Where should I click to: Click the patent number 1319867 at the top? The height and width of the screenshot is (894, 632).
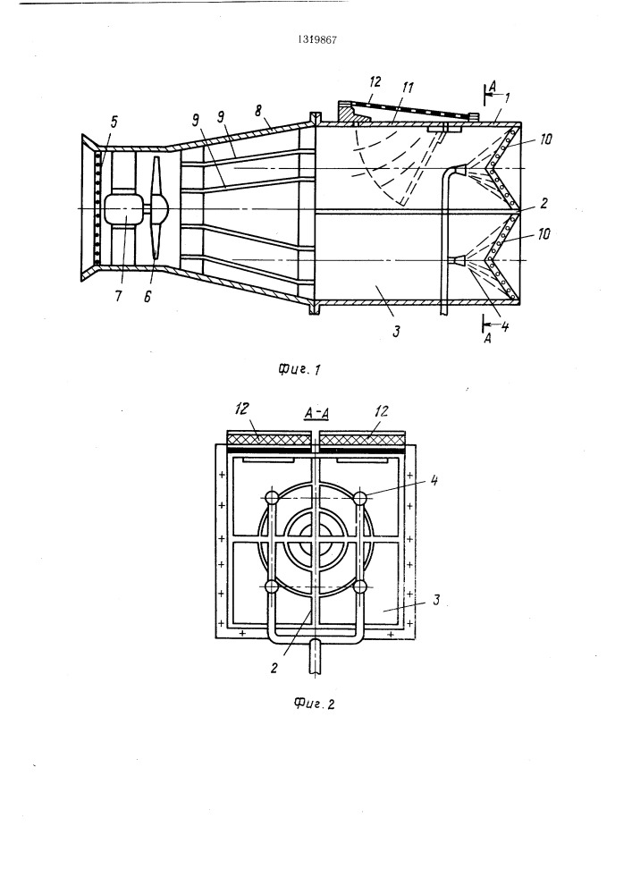tap(316, 40)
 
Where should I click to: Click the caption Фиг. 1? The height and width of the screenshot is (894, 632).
tap(299, 369)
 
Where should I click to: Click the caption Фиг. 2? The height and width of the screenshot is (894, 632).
tap(315, 703)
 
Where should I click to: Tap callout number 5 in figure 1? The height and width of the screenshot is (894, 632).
tap(114, 122)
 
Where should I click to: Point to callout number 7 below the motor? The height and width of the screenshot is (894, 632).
tap(118, 297)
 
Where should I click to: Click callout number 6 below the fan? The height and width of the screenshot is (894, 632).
tap(147, 297)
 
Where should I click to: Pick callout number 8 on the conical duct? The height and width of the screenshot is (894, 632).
tap(259, 110)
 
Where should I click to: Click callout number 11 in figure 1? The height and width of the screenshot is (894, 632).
tap(408, 88)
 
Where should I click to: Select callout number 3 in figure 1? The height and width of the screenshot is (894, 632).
tap(397, 330)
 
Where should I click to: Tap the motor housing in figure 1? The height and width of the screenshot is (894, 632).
tap(123, 209)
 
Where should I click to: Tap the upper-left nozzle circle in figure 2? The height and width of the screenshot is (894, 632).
tap(271, 498)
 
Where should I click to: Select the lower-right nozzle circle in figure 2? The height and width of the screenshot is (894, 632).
tap(361, 586)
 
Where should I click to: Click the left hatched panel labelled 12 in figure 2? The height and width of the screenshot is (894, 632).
tap(270, 439)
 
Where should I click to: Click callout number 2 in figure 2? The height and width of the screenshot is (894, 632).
tap(274, 668)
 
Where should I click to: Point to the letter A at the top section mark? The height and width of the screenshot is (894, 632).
tap(493, 86)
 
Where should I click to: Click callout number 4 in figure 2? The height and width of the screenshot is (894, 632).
tap(434, 479)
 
